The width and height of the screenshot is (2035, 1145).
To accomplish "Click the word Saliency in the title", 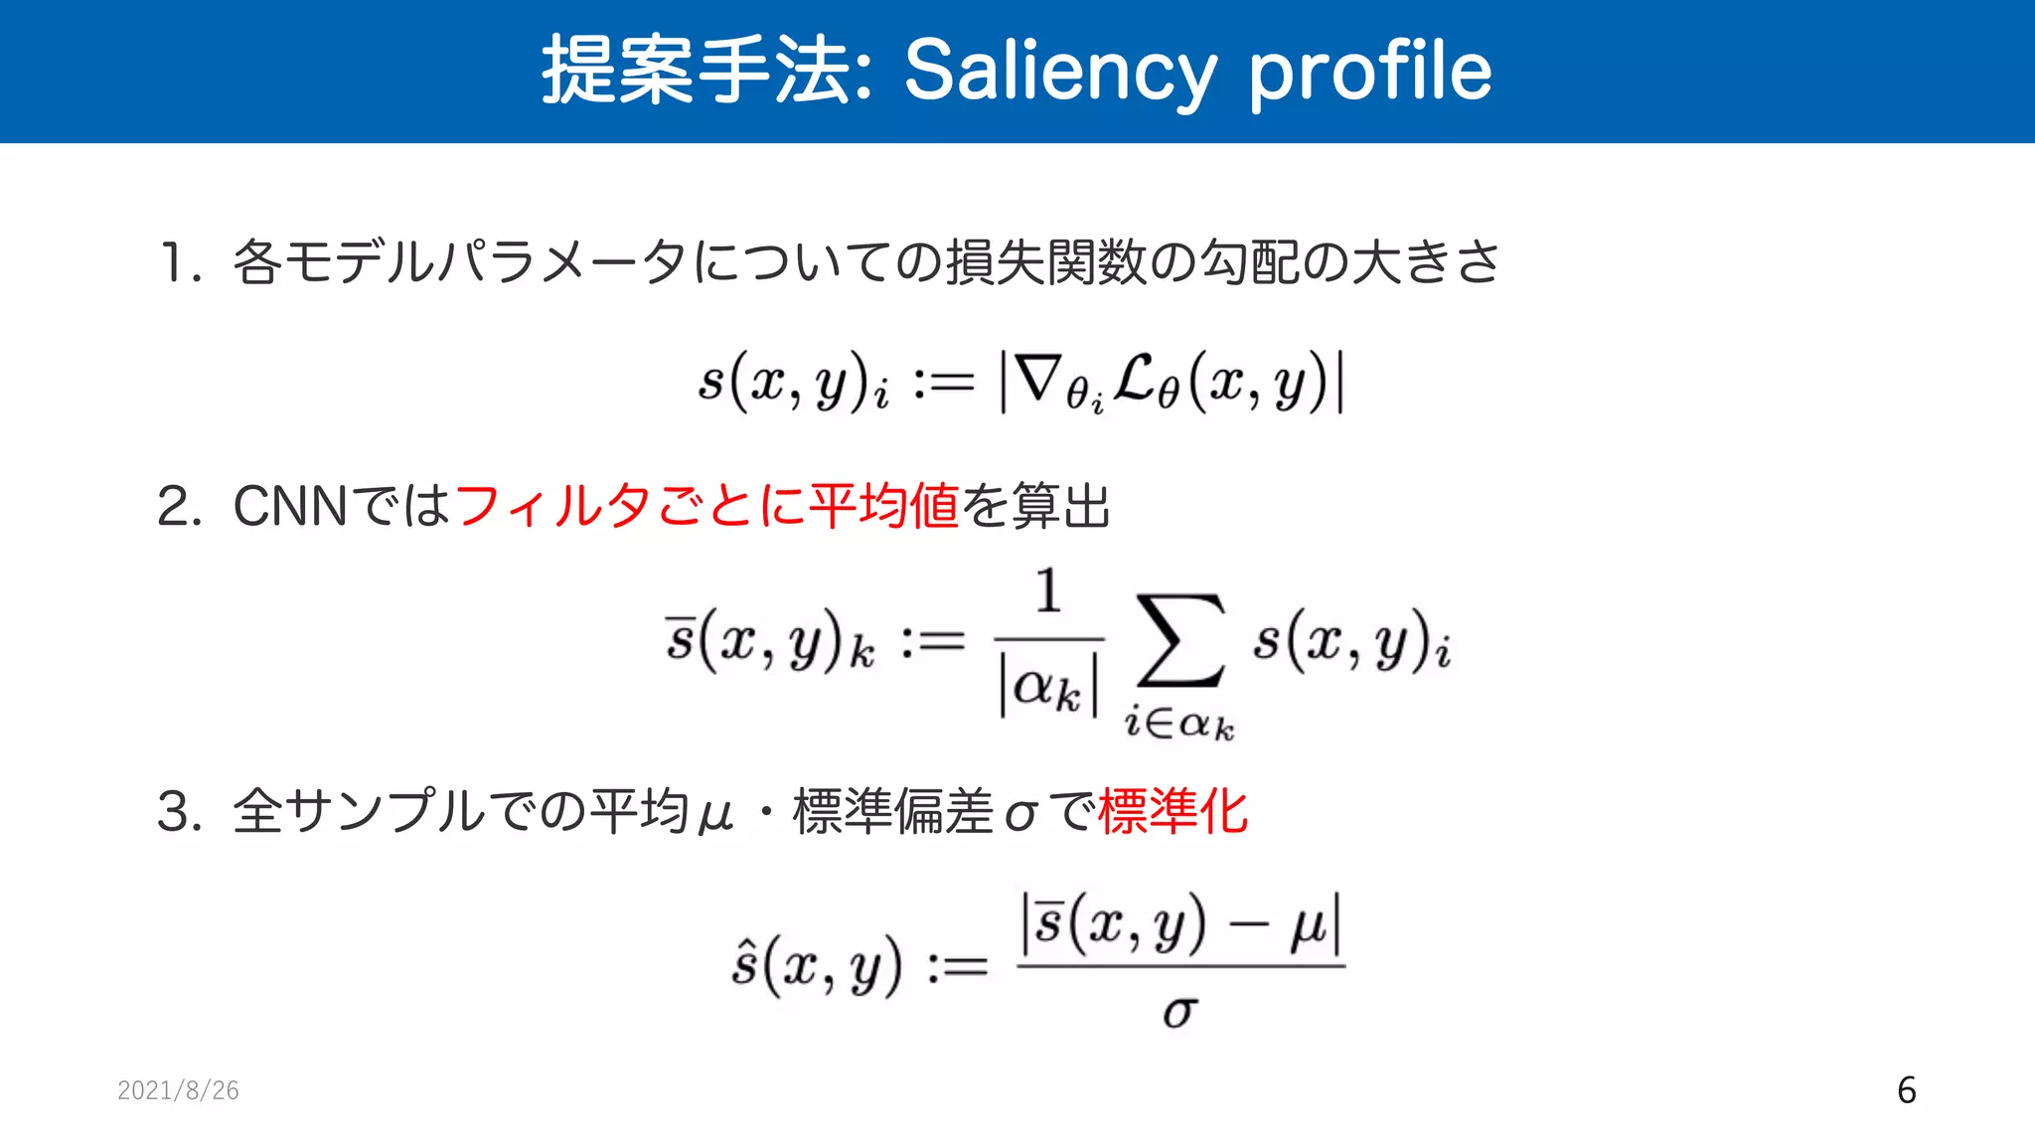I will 1059,72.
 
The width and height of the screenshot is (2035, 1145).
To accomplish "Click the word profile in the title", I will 1370,72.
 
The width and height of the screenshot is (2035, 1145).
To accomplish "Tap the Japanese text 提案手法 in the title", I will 696,70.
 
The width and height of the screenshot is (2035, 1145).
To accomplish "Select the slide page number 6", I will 1906,1090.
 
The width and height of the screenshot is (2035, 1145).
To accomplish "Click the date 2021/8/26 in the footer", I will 178,1090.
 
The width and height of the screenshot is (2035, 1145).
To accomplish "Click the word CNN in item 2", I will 290,506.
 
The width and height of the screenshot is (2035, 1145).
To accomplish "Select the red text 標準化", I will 1173,811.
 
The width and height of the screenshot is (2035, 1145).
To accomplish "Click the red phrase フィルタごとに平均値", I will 706,506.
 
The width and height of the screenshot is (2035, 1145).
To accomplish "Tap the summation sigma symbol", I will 1180,641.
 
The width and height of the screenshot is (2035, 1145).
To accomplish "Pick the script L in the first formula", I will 1135,378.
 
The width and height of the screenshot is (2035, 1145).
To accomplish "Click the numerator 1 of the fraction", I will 1048,591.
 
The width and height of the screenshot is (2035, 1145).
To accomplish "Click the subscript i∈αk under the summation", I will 1179,723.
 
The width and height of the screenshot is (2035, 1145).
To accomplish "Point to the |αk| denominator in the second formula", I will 1049,687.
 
